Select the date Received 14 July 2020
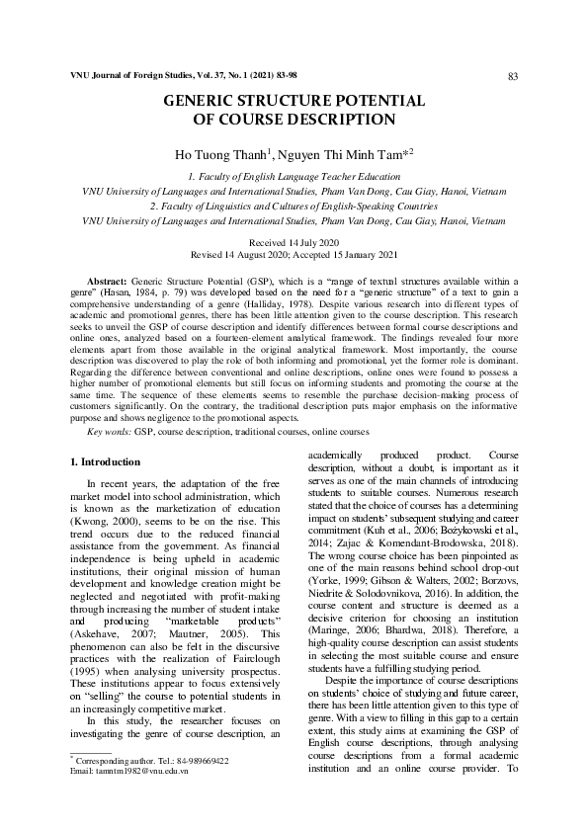(x=294, y=242)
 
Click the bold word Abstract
(x=106, y=282)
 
